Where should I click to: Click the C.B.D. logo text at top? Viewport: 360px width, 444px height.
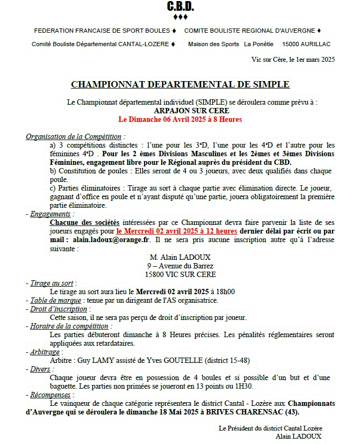(x=180, y=7)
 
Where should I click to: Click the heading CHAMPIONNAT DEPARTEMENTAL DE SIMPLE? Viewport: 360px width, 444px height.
(x=180, y=84)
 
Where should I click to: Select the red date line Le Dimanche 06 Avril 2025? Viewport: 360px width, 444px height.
(x=180, y=119)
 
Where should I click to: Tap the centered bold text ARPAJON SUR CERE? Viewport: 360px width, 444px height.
(x=180, y=110)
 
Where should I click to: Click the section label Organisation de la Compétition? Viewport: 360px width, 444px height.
(x=75, y=137)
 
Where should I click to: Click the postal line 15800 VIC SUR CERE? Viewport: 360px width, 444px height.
(x=180, y=274)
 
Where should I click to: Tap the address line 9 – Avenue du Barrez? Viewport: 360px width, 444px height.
(x=180, y=265)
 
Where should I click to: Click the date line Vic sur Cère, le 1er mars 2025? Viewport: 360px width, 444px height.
(x=293, y=60)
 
